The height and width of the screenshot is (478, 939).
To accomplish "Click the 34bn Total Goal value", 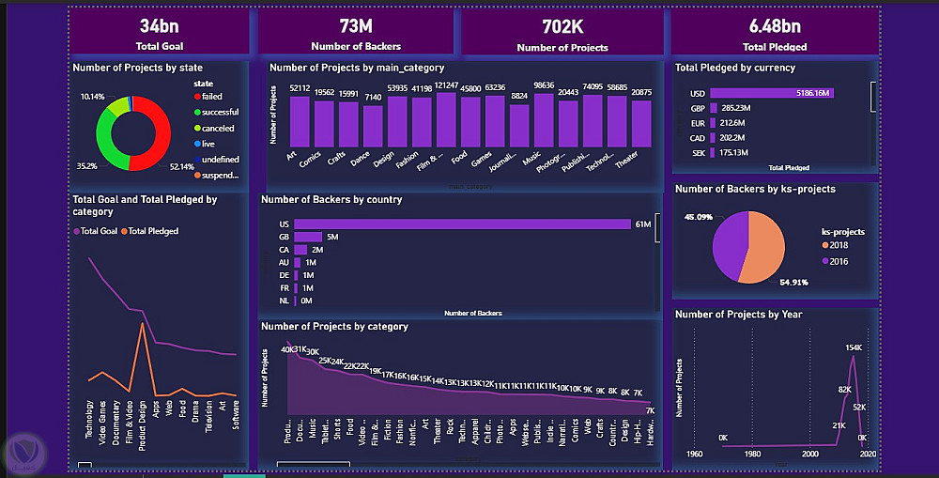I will click(x=161, y=25).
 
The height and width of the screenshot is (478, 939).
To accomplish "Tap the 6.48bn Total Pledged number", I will click(x=775, y=25).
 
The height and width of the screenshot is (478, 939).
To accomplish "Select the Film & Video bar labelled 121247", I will click(x=446, y=120).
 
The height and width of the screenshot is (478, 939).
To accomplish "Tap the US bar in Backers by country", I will click(x=461, y=224).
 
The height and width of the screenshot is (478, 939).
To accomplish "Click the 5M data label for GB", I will click(x=331, y=237).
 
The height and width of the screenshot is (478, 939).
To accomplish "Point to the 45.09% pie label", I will click(x=698, y=217).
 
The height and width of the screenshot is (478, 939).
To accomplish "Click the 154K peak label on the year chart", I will click(x=854, y=347).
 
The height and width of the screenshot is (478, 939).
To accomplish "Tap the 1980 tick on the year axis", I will click(x=752, y=454).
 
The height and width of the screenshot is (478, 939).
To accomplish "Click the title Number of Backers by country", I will click(x=331, y=199).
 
